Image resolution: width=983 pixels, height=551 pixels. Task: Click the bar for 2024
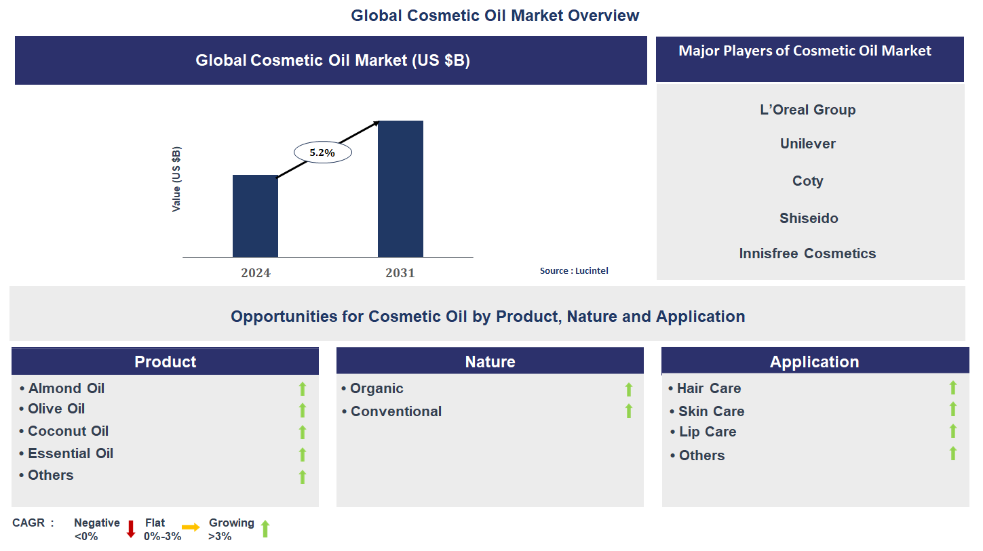pos(255,216)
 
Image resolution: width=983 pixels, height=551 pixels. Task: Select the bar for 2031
pos(400,188)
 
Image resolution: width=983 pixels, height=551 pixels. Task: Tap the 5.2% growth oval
pos(322,152)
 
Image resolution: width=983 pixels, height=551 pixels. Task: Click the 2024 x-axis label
pos(255,273)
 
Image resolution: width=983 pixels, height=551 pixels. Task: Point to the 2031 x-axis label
pos(400,273)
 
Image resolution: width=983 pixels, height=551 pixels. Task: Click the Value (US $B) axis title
pos(176,179)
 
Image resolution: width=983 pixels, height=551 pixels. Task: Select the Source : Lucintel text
pos(574,270)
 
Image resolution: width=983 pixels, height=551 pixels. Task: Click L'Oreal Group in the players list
pos(807,110)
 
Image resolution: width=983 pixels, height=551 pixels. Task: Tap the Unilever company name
pos(807,144)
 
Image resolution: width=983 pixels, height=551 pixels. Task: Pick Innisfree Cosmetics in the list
pos(807,253)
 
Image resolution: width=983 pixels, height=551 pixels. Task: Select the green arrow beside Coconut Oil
pos(303,432)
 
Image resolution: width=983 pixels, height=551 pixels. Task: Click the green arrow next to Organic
pos(628,389)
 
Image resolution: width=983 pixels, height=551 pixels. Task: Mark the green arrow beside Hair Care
pos(952,388)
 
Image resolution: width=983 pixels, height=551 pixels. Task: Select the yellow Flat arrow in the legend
pos(191,527)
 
